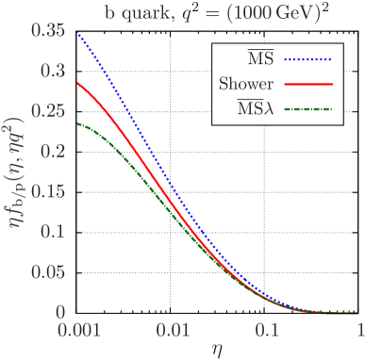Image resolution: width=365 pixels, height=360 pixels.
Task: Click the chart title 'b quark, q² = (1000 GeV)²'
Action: pos(216,12)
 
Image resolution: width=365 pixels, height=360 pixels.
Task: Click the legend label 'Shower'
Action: pos(247,84)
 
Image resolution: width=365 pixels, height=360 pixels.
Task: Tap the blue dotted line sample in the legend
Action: pos(306,59)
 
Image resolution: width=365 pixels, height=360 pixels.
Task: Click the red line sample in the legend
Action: pos(306,84)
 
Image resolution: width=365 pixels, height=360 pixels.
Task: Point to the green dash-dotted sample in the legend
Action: pos(306,108)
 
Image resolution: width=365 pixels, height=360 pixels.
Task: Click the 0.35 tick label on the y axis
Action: pos(47,31)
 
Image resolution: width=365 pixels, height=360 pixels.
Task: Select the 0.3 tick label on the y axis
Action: pos(52,71)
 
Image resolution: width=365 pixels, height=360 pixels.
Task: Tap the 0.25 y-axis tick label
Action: pos(47,111)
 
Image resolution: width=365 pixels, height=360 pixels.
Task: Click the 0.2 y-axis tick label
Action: pos(52,151)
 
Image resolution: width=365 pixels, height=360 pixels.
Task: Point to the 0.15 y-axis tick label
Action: pos(47,191)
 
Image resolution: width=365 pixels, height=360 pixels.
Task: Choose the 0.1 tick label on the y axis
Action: pos(52,231)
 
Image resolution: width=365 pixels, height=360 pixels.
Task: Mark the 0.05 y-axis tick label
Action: pos(47,271)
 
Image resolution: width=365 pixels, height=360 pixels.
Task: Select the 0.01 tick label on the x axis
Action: pos(174,332)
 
